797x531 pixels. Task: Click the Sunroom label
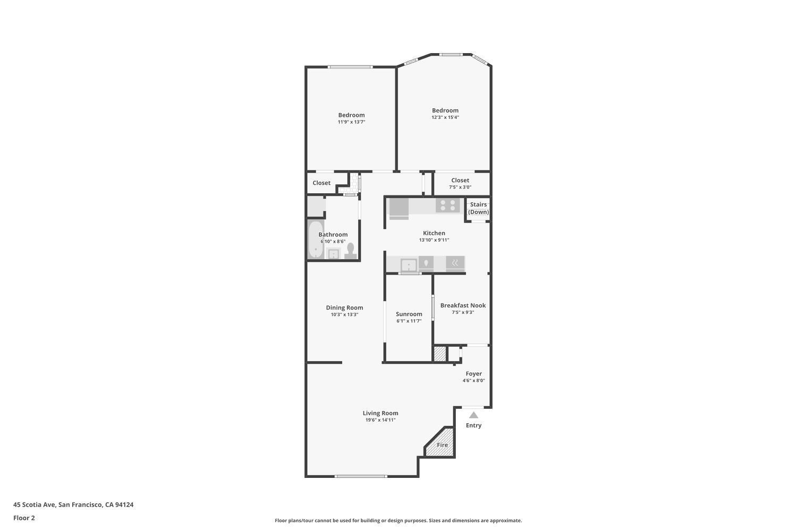[409, 314]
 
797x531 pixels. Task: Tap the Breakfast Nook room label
[463, 305]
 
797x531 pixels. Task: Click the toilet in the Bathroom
[350, 250]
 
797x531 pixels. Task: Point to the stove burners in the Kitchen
[447, 205]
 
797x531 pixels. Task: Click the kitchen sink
[409, 264]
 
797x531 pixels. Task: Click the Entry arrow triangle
[473, 415]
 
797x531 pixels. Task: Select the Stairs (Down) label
[478, 208]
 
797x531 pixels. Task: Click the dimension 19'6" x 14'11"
[380, 420]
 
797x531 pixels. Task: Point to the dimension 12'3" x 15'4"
[445, 117]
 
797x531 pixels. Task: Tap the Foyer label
[473, 373]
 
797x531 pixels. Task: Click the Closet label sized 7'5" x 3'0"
[460, 180]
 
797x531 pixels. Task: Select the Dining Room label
[344, 307]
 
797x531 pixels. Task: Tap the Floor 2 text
[24, 518]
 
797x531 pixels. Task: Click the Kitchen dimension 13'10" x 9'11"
[434, 240]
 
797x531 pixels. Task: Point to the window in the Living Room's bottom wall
[361, 476]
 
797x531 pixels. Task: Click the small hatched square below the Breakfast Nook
[440, 354]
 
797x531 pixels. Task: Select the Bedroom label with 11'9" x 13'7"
[351, 115]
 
